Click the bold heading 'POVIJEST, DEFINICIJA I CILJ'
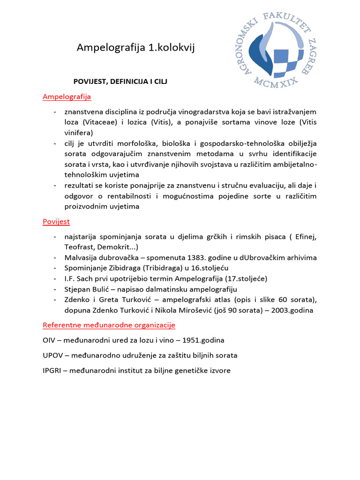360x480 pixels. point(120,81)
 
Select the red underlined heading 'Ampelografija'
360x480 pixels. point(67,97)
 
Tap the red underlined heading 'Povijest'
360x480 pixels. point(56,221)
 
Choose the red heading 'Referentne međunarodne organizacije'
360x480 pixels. point(109,325)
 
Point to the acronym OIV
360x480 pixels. point(49,340)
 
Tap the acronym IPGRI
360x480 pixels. point(52,371)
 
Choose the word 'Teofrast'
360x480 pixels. point(80,247)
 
